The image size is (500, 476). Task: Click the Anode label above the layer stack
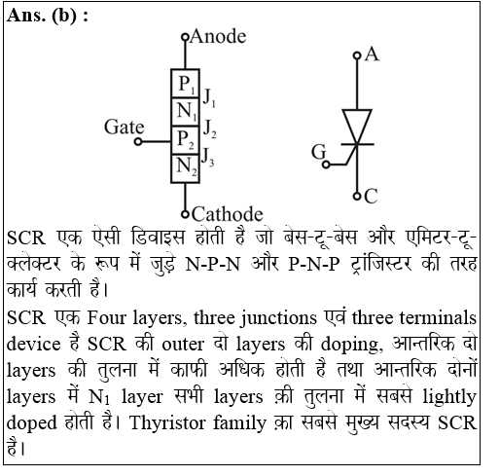tap(218, 38)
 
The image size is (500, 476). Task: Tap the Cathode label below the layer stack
tap(227, 214)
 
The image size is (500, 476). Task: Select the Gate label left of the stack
tap(124, 128)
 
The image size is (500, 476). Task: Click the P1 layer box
tap(184, 83)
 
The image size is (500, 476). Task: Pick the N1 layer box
tap(184, 111)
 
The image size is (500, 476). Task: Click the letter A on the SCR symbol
tap(372, 55)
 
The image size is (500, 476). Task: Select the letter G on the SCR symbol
tap(318, 151)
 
